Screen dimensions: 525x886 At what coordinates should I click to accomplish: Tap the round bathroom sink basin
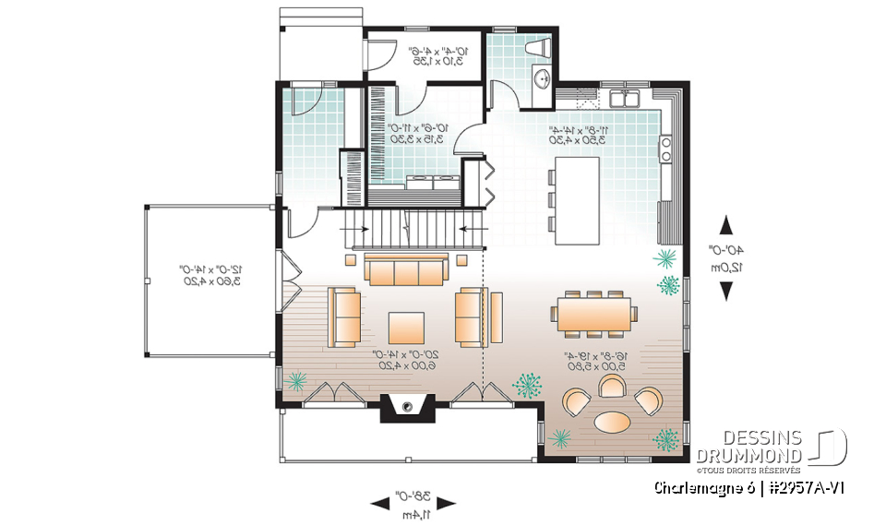[x=542, y=79]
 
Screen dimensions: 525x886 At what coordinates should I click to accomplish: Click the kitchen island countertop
[x=576, y=199]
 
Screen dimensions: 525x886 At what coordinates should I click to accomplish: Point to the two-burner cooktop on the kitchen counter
[x=664, y=149]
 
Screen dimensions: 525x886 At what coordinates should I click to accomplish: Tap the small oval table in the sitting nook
[x=614, y=421]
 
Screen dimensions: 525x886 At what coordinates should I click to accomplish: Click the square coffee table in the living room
[x=406, y=328]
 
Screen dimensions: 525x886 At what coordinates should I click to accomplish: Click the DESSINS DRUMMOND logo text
[x=748, y=446]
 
